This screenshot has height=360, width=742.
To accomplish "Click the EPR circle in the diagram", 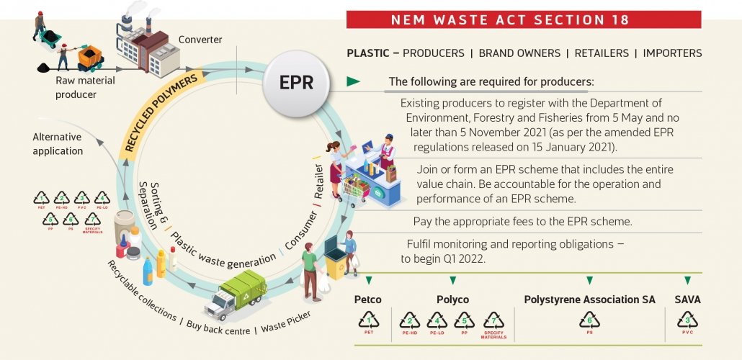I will click(296, 82).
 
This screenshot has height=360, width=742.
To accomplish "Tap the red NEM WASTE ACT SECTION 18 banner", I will click(524, 19).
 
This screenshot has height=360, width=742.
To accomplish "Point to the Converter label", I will click(200, 39).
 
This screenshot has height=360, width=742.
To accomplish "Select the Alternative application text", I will click(57, 144).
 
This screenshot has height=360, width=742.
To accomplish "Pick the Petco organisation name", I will click(368, 300).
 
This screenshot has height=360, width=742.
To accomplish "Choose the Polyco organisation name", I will click(452, 300).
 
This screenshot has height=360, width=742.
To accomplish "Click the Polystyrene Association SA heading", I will click(589, 300).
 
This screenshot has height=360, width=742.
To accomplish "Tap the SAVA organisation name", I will click(687, 300).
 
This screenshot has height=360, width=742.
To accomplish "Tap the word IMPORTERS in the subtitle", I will click(672, 53).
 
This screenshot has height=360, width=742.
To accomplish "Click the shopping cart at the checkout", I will click(355, 189).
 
